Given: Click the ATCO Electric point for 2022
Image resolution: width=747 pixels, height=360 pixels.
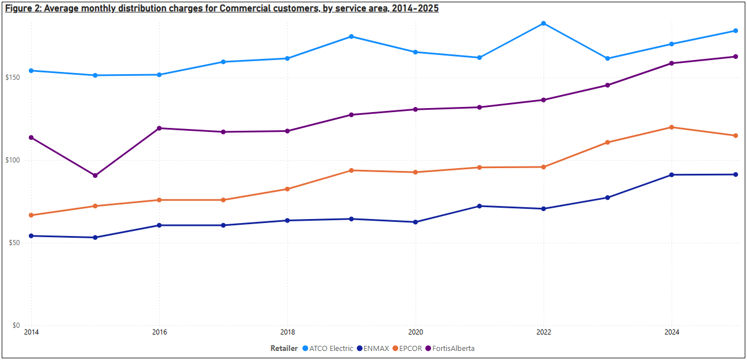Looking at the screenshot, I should (x=544, y=23).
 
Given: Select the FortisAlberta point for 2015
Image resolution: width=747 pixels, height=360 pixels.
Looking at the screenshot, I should (x=95, y=175).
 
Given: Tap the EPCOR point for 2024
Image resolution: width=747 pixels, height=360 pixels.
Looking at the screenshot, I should (x=672, y=127).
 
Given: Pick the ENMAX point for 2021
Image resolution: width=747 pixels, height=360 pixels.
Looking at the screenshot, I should (x=480, y=206).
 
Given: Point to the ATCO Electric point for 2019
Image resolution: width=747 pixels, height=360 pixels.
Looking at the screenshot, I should (x=352, y=37).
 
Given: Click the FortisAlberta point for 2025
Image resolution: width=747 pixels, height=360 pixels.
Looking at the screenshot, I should (x=736, y=57).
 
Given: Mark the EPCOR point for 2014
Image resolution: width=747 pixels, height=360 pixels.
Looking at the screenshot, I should (x=31, y=215).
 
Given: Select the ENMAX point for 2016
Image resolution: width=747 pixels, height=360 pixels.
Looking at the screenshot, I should (x=159, y=225).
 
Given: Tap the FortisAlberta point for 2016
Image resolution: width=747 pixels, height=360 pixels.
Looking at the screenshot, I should (x=159, y=128).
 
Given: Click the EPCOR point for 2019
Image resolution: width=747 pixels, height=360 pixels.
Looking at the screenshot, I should (x=352, y=170).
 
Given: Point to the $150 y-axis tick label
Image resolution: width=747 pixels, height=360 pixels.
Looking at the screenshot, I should (x=14, y=78).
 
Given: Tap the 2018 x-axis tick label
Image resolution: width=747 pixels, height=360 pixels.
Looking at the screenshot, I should (x=287, y=332).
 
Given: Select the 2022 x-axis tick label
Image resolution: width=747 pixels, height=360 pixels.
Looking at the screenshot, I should (x=544, y=332).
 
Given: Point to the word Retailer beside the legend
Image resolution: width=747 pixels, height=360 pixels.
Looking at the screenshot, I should (x=284, y=349).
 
